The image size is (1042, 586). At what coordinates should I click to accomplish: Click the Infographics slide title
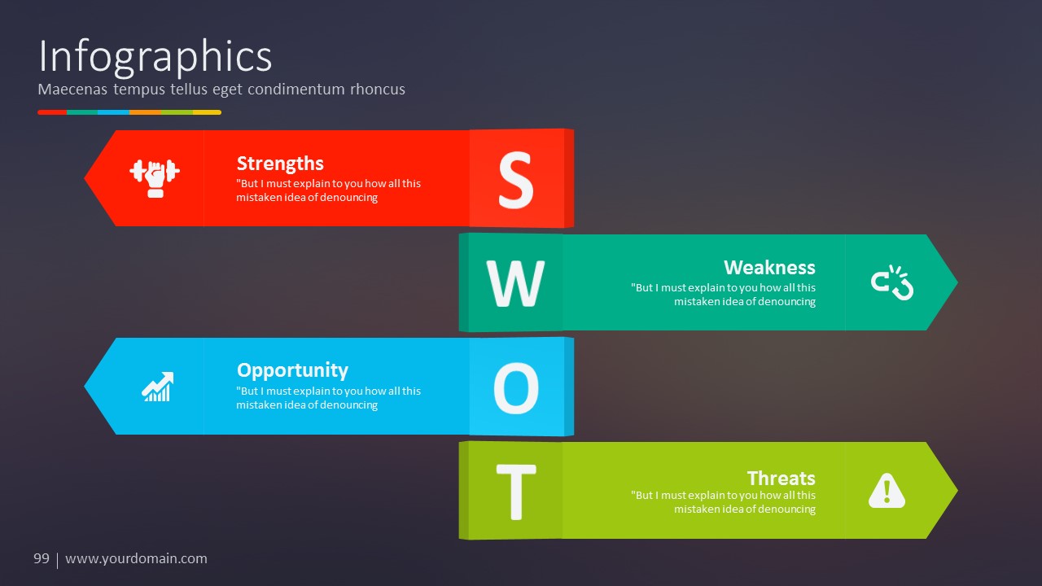(155, 57)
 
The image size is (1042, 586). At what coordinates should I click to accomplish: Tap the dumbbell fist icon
(155, 178)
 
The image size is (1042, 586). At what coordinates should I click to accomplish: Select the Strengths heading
(280, 164)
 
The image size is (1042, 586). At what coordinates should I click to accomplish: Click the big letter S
(515, 180)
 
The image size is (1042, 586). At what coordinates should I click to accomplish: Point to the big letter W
(515, 283)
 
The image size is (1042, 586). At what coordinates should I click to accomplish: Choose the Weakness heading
(769, 268)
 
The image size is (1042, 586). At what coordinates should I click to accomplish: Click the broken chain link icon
(892, 282)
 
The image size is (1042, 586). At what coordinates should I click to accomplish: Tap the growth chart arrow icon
(158, 387)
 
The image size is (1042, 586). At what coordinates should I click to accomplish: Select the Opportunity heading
(292, 370)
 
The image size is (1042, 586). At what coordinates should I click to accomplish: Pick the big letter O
(516, 388)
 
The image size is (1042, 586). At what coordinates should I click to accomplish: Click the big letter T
(516, 492)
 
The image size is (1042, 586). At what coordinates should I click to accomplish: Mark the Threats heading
(781, 478)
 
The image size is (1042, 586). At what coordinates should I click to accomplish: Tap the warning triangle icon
(887, 491)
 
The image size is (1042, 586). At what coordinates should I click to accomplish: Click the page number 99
(42, 558)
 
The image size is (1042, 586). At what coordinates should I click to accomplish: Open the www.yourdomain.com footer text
(136, 559)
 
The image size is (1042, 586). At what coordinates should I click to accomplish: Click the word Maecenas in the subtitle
(72, 89)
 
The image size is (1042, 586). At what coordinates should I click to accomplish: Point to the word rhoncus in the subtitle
(378, 89)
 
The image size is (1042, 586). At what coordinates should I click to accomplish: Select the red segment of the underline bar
(52, 112)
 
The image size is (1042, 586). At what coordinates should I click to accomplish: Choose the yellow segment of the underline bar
(207, 112)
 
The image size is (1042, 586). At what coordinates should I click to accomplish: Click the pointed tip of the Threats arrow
(957, 490)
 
